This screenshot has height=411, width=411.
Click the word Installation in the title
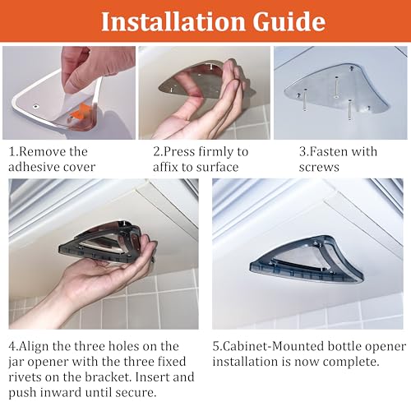click(173, 21)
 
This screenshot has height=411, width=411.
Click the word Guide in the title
click(289, 21)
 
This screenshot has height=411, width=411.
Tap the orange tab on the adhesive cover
click(80, 112)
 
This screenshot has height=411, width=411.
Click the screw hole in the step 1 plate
click(35, 106)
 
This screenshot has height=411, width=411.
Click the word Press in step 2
click(179, 151)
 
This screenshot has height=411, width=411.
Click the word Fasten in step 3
click(327, 151)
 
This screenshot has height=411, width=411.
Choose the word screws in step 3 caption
click(319, 167)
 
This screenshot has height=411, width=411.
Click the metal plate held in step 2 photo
click(192, 81)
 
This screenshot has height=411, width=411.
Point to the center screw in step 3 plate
click(336, 88)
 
